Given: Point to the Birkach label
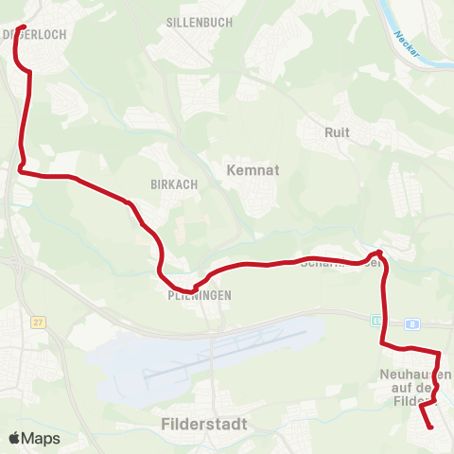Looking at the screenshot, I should coord(173,184).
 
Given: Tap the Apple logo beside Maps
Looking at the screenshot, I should coord(15,438).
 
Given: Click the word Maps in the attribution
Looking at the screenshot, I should coord(41,438).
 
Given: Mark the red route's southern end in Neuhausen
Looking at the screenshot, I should coord(430,427).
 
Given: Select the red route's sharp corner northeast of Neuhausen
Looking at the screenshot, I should coord(439,354).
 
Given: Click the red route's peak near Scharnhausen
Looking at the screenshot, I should coord(377,252).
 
